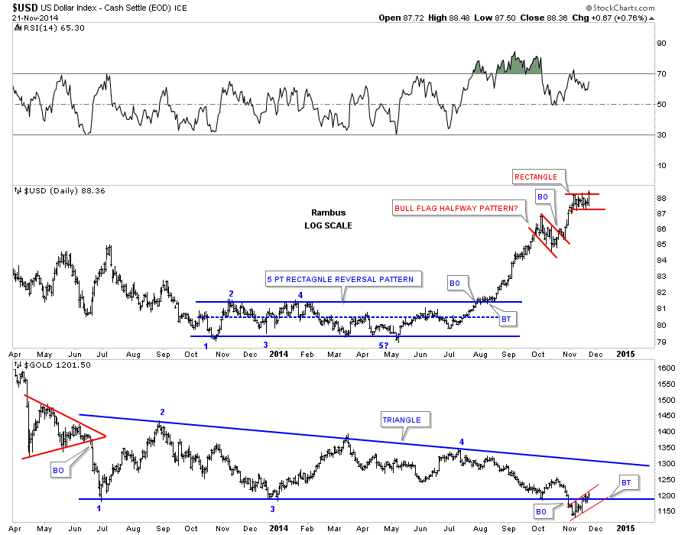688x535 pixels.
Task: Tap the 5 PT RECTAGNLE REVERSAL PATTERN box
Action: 340,279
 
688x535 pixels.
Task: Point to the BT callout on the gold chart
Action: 625,483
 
